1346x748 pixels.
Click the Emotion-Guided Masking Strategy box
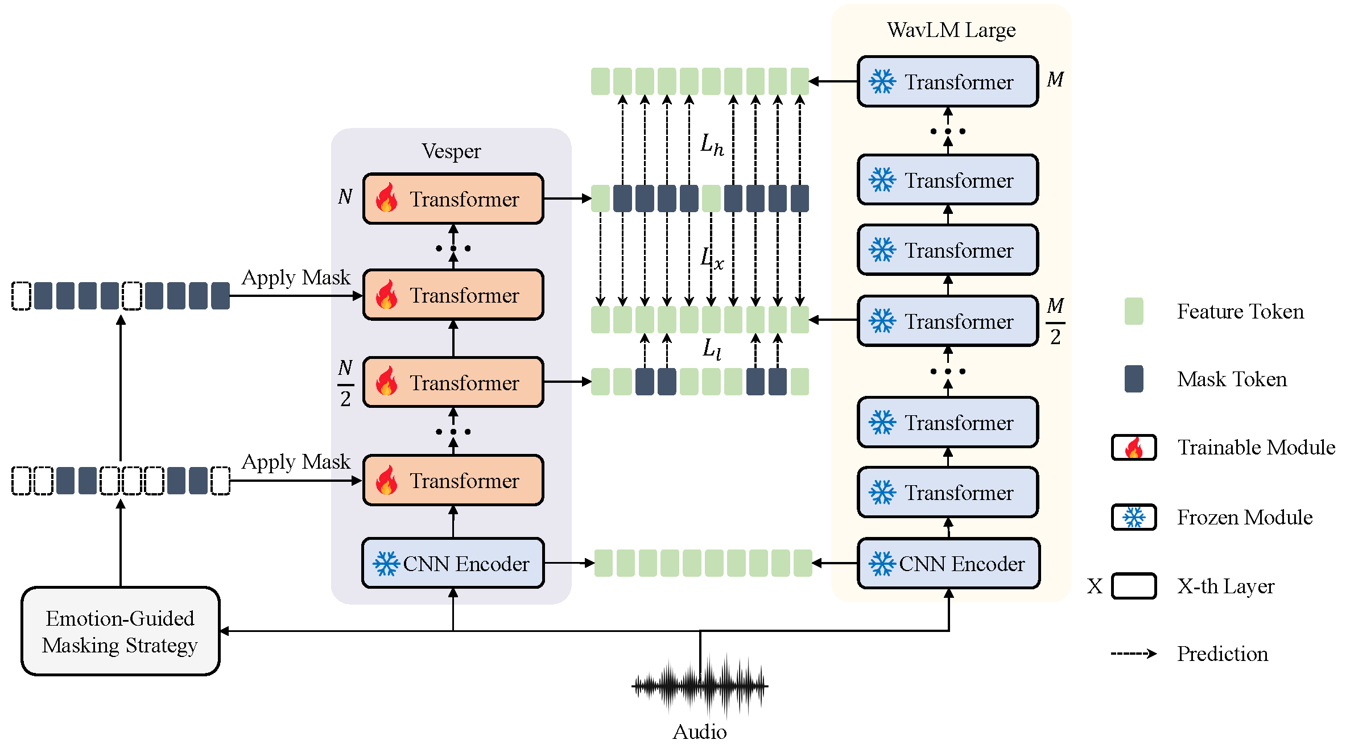[120, 631]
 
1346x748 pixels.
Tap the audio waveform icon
[700, 685]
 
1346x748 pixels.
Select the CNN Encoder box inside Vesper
[453, 563]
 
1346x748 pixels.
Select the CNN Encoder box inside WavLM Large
[948, 563]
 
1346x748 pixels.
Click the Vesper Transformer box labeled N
[453, 199]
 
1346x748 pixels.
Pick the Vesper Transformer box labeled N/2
[453, 382]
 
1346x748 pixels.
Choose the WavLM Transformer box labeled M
[948, 81]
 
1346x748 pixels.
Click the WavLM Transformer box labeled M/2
[948, 321]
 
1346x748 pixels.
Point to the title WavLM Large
[951, 30]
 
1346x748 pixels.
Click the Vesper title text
[451, 151]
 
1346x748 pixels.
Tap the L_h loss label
[712, 145]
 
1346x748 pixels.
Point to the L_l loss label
[712, 348]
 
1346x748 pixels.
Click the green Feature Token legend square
[1134, 311]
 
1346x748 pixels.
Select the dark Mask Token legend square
[1134, 379]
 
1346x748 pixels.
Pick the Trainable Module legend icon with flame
[1134, 447]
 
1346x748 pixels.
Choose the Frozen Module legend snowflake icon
[1134, 517]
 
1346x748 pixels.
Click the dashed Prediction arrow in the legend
[1134, 654]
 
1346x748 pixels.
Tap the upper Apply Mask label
[296, 278]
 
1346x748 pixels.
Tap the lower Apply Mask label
[296, 462]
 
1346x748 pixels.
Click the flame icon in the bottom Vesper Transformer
[387, 480]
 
